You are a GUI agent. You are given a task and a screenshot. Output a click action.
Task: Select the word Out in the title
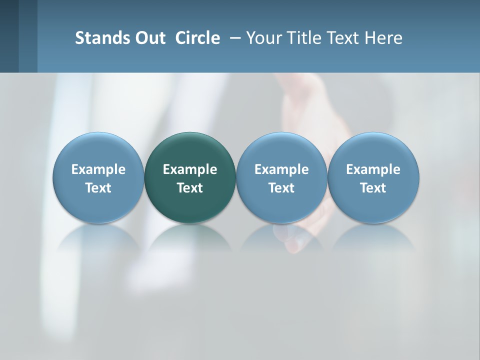tap(149, 38)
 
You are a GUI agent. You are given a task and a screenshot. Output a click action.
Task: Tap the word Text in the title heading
tap(343, 38)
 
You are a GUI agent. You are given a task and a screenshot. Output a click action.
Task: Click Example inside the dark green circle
tap(190, 169)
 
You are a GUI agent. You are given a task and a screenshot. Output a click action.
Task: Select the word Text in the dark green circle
tap(190, 188)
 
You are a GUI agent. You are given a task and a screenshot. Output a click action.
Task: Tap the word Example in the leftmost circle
tap(98, 169)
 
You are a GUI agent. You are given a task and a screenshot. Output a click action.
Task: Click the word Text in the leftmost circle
tap(98, 188)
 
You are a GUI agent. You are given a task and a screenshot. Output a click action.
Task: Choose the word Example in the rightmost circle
tap(373, 169)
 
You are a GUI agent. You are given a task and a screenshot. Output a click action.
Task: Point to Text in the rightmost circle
tap(373, 188)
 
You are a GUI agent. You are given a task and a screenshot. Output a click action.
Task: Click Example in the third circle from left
tap(281, 169)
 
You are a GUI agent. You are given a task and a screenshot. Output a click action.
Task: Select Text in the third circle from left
tap(281, 188)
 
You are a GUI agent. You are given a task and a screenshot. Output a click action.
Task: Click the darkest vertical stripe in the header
tap(9, 36)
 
